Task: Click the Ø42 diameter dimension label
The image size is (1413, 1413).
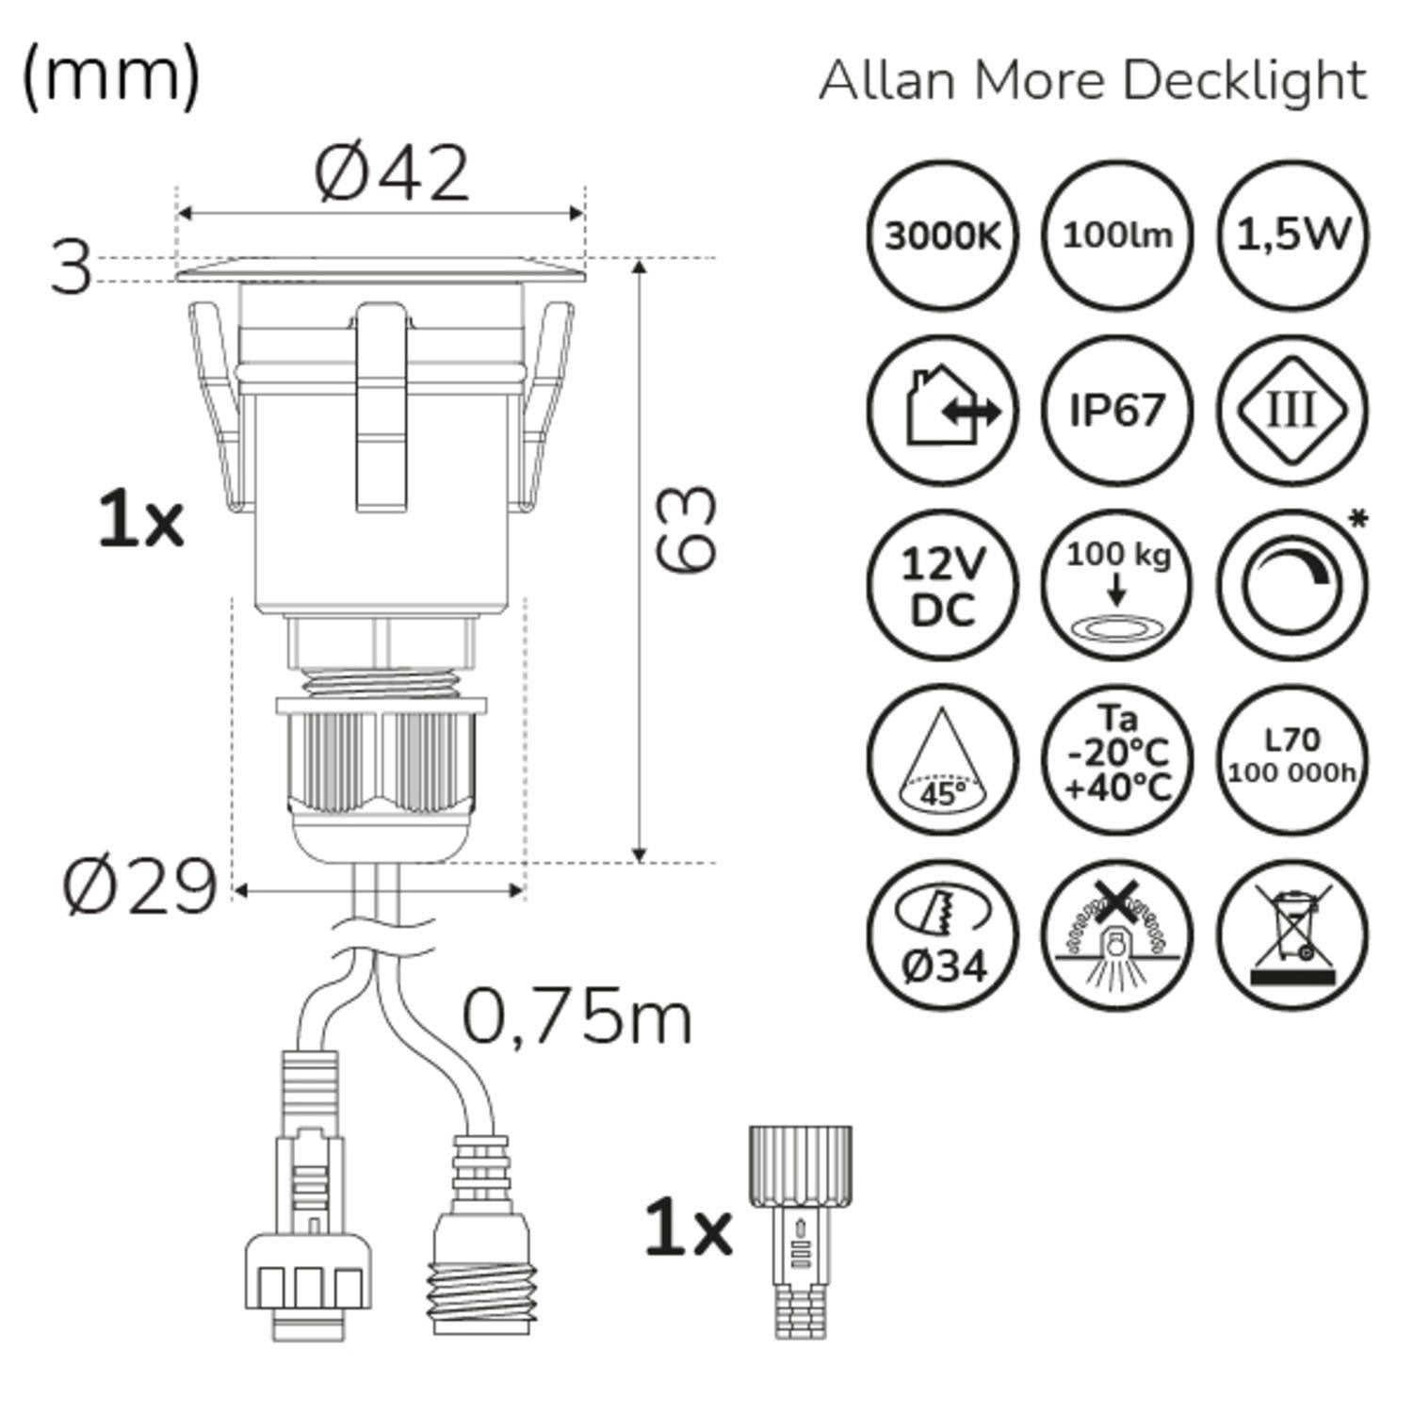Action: click(x=391, y=174)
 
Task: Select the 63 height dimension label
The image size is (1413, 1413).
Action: click(x=686, y=529)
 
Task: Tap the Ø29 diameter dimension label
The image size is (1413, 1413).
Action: click(x=139, y=887)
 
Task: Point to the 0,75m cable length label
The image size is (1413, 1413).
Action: click(x=577, y=1017)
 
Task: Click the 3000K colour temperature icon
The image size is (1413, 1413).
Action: click(x=942, y=235)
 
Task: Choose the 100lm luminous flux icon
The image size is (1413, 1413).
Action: click(x=1117, y=235)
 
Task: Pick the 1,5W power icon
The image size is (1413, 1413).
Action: click(x=1292, y=235)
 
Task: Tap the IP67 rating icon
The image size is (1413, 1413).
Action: click(x=1117, y=411)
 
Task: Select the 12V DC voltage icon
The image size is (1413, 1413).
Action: click(x=942, y=586)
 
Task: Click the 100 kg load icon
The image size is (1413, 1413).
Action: click(x=1117, y=586)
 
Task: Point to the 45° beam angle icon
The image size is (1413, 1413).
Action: click(x=942, y=761)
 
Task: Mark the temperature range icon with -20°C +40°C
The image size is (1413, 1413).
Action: click(x=1117, y=761)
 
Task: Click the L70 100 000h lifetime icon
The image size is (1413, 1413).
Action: click(x=1292, y=761)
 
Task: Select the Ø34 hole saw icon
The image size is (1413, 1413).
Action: click(x=942, y=936)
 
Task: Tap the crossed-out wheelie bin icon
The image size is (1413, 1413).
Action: click(x=1292, y=936)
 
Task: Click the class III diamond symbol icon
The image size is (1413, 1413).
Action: click(x=1292, y=411)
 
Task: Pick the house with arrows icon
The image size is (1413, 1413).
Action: click(x=942, y=411)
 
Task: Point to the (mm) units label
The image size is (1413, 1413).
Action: click(x=110, y=75)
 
